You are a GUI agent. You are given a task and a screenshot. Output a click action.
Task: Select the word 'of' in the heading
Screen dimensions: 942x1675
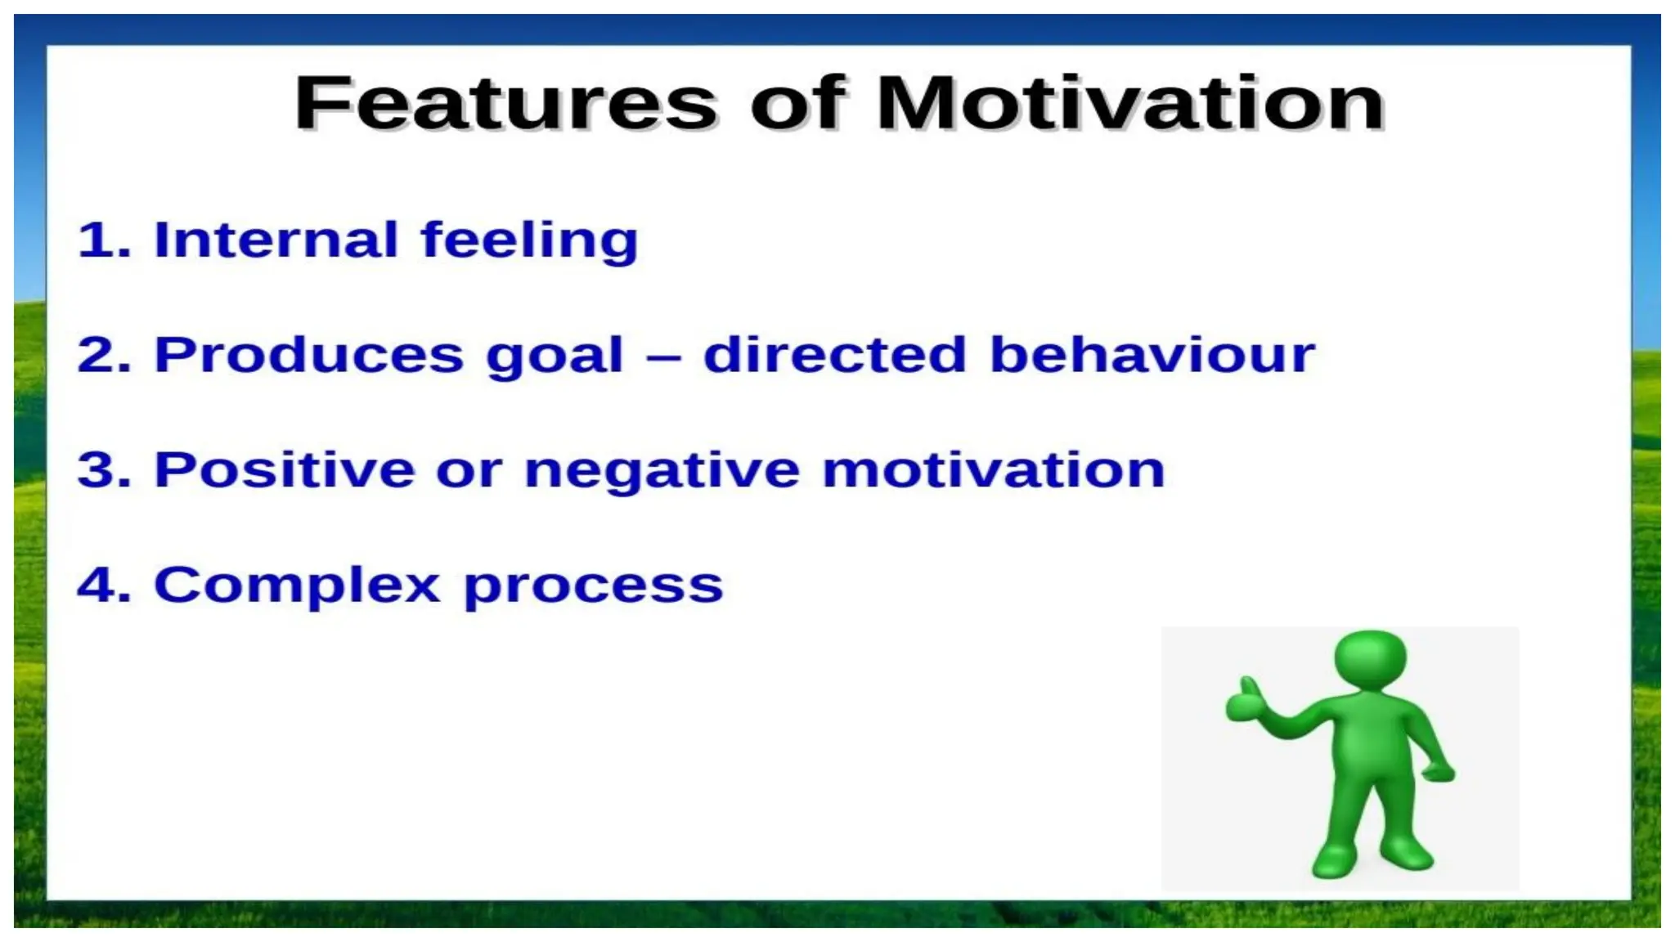click(797, 104)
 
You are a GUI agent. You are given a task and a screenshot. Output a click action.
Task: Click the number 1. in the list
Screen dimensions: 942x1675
click(103, 240)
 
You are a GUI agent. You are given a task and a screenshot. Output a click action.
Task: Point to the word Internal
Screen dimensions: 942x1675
click(276, 240)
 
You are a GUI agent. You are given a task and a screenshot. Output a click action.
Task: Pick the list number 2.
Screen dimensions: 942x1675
click(103, 356)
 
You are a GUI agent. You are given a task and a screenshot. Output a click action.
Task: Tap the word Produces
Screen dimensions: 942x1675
click(309, 356)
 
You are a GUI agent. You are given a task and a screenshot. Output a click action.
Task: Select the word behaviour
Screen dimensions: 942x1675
click(1152, 356)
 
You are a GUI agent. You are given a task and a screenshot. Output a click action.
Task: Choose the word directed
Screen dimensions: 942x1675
click(834, 356)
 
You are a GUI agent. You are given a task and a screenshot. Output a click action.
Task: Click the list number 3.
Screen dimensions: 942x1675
click(103, 471)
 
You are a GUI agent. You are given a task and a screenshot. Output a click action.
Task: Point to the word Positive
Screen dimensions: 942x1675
click(284, 470)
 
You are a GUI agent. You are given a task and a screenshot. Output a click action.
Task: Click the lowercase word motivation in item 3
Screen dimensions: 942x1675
click(993, 471)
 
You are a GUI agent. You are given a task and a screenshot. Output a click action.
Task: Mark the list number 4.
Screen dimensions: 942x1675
click(103, 585)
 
